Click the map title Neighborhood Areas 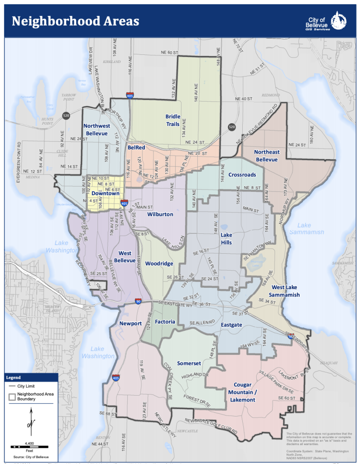click(x=75, y=21)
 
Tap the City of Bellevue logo click(x=326, y=21)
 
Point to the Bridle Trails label click(x=173, y=120)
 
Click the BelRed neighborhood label click(x=136, y=147)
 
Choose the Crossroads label click(x=242, y=174)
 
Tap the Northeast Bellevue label click(x=267, y=155)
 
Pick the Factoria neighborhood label click(x=165, y=322)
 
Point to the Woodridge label click(x=159, y=263)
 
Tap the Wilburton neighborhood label click(x=160, y=214)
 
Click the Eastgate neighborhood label click(x=232, y=325)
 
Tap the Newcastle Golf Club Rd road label click(x=215, y=428)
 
